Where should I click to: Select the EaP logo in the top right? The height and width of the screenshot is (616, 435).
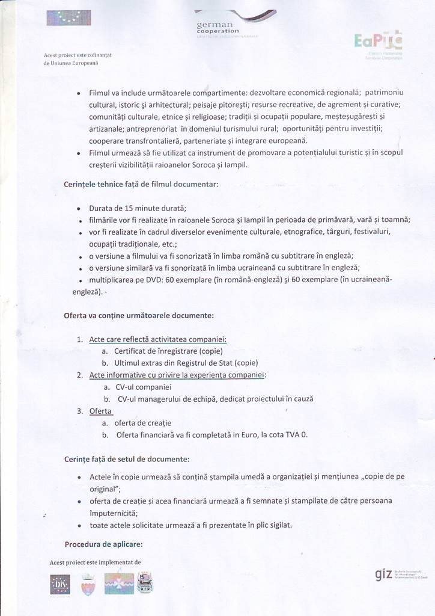coord(379,41)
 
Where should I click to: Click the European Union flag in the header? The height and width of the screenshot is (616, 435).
coord(68,18)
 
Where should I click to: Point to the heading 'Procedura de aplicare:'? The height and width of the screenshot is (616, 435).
coord(103,544)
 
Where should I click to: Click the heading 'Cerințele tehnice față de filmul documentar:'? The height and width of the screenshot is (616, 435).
coord(141,184)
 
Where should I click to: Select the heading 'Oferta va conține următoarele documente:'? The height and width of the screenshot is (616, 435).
coord(138,315)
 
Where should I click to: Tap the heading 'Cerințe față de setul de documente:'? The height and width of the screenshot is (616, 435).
coord(127,459)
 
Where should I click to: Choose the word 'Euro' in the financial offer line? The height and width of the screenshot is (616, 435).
coord(240,434)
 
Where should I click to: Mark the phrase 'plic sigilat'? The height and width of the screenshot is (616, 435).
coord(271,525)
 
